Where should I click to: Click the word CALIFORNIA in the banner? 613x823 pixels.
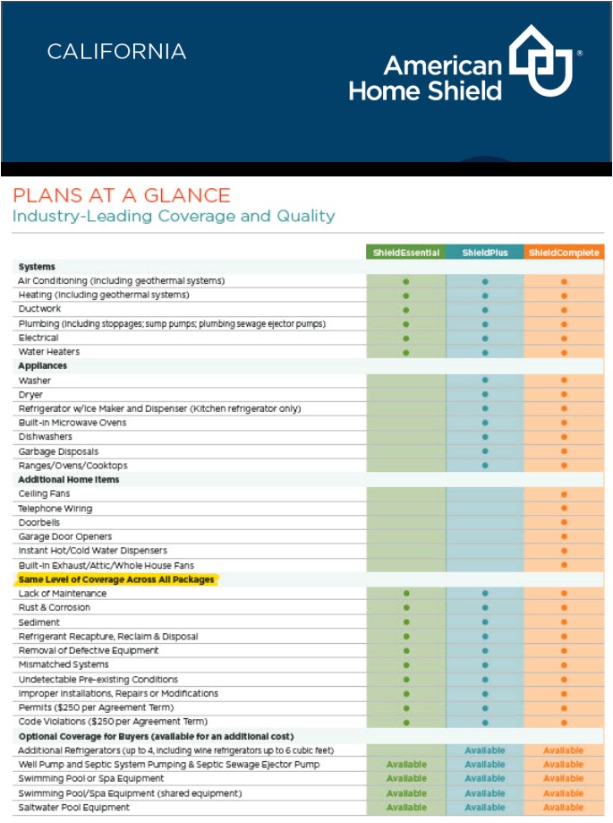116,52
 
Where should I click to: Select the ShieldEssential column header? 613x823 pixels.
406,253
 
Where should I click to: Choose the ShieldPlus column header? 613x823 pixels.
485,253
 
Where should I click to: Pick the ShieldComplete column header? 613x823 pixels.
564,253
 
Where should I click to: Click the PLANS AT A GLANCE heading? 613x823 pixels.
121,195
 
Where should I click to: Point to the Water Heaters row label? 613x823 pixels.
49,352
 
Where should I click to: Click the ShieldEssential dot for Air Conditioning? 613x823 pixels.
406,281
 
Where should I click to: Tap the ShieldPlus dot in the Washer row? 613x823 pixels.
485,381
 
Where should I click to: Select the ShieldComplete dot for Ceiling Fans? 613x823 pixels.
564,494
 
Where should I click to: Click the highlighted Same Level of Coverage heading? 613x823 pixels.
116,579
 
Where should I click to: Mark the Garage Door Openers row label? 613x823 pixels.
65,536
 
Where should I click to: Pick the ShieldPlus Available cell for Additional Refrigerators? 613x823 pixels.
485,750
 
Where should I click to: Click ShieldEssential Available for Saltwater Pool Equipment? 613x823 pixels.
406,808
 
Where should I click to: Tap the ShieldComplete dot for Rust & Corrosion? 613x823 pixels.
564,608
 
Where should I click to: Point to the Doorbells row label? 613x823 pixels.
40,522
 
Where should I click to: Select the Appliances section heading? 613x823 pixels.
43,366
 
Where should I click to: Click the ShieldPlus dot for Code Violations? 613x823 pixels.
485,722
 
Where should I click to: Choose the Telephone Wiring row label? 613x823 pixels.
56,508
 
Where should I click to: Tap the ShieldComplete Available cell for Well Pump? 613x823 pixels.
564,765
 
